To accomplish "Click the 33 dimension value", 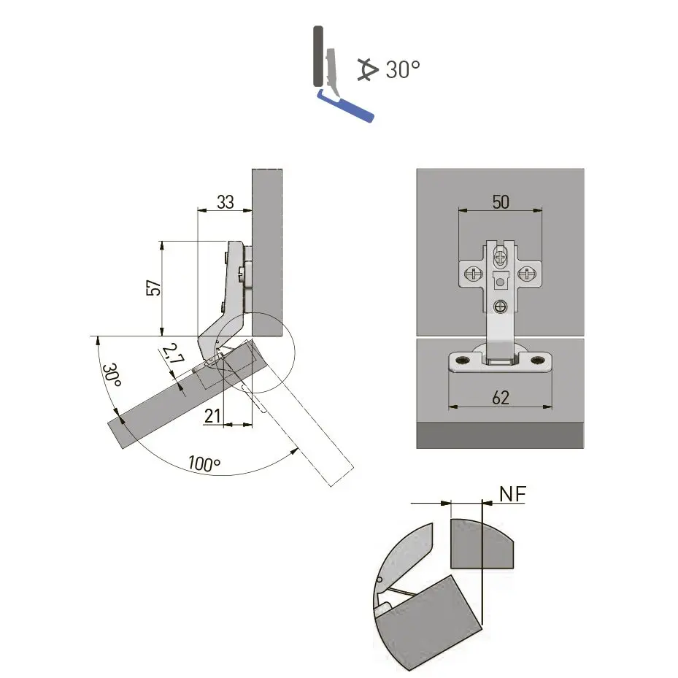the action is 226,202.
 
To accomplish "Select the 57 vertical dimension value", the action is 153,288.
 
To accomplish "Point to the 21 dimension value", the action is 212,416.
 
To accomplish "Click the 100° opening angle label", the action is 204,463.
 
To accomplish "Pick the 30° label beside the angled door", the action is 111,375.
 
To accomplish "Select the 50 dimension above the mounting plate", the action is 501,202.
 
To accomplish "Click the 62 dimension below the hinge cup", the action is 501,397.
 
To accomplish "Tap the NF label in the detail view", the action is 512,494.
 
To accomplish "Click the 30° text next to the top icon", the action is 403,69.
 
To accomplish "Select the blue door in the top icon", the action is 345,106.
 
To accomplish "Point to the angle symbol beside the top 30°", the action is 368,69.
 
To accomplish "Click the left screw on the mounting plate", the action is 473,274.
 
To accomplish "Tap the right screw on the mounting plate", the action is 527,274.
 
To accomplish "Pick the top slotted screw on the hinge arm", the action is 500,256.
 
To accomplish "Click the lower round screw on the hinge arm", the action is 500,307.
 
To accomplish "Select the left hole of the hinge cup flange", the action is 462,360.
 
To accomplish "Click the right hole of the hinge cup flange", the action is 538,360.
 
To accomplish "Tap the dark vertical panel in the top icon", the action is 317,56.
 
